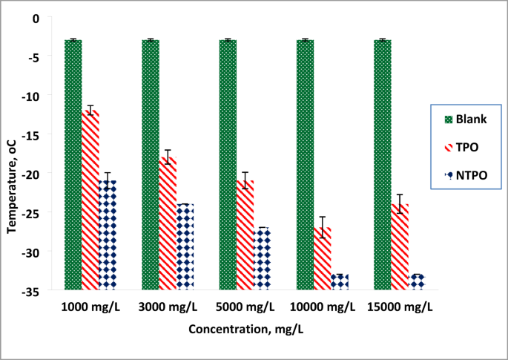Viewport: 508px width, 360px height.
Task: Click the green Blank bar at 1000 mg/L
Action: point(73,163)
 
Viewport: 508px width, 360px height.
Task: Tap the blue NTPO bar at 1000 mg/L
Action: point(108,234)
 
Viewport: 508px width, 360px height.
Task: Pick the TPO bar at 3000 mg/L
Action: point(168,223)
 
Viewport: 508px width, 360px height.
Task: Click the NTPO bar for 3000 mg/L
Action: point(185,246)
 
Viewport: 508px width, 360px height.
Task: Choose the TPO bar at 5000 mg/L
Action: point(245,234)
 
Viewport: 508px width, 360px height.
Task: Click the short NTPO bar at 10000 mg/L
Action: point(339,281)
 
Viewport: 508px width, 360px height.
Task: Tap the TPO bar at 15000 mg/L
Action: point(399,246)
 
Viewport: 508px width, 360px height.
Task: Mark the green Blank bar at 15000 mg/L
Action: point(382,163)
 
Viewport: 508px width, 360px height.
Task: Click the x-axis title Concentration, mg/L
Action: point(245,329)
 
